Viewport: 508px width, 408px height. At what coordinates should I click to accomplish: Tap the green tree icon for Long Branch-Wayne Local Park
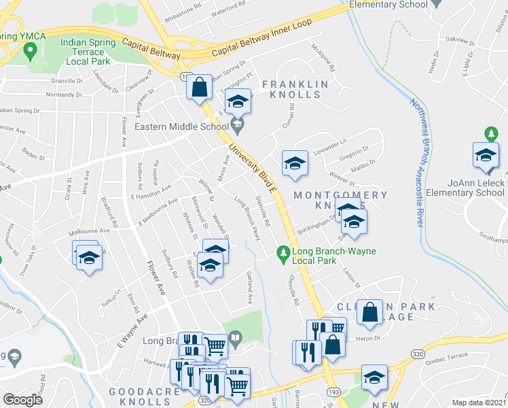(x=284, y=254)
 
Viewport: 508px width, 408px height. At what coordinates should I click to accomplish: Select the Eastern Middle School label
(x=181, y=126)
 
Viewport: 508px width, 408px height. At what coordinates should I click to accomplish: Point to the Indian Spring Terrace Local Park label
(x=92, y=51)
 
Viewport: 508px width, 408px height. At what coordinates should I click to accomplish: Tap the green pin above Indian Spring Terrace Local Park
(x=30, y=50)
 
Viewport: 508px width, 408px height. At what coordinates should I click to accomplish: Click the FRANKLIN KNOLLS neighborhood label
(x=295, y=90)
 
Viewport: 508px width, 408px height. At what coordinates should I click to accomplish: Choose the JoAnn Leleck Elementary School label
(x=476, y=188)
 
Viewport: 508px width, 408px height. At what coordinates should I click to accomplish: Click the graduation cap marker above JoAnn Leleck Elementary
(x=486, y=155)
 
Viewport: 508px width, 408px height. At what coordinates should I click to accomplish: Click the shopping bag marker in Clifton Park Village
(x=370, y=313)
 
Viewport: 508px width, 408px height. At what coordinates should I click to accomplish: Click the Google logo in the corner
(x=22, y=399)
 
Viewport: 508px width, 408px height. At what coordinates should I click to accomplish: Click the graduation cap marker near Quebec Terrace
(x=374, y=377)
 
